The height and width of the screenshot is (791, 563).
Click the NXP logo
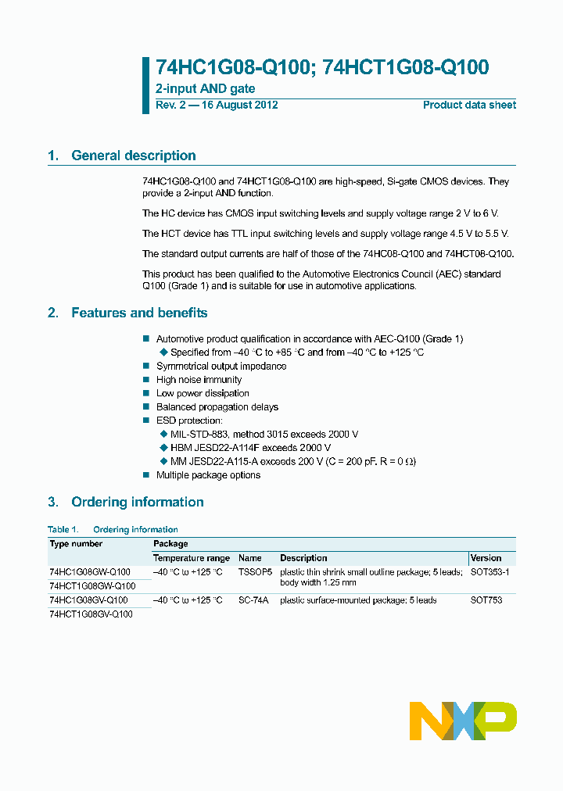click(463, 720)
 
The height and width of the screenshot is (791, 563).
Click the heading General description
click(133, 156)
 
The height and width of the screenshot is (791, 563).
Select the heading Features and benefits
click(139, 313)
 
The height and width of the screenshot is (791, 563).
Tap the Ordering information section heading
click(137, 502)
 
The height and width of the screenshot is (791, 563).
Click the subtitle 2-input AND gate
click(206, 89)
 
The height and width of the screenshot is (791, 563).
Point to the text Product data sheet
click(469, 105)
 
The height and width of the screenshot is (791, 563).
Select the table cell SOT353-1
click(489, 572)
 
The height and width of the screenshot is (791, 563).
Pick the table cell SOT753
click(486, 600)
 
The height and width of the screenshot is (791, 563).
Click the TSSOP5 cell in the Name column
click(254, 572)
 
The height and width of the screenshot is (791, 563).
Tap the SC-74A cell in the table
click(253, 600)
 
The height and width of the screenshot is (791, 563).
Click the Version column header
click(486, 558)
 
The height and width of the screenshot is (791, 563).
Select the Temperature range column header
click(192, 558)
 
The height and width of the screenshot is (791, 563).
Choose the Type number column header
click(76, 544)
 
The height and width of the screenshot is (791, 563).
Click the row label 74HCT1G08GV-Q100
click(91, 614)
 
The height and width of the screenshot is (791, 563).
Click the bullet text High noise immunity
click(199, 380)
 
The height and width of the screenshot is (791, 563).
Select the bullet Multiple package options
click(208, 475)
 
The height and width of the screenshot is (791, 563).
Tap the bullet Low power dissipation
click(203, 393)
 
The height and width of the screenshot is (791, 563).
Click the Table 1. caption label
click(63, 529)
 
